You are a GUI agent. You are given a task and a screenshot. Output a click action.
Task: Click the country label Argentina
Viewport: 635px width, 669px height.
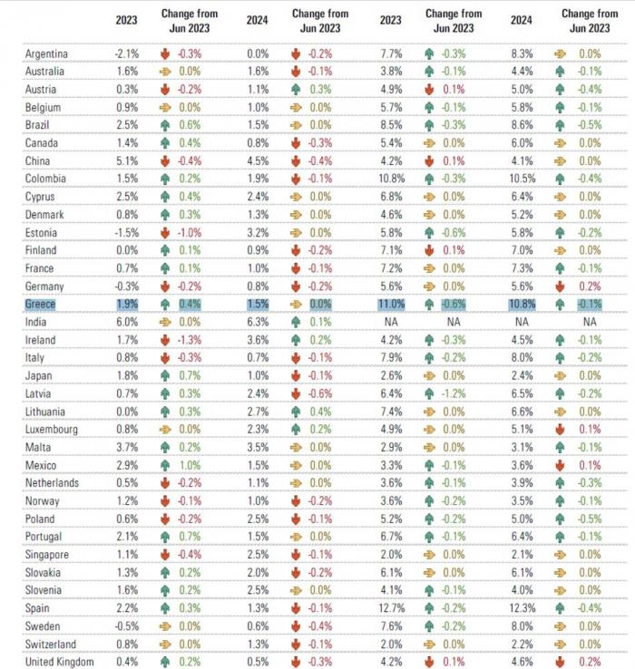[46, 53]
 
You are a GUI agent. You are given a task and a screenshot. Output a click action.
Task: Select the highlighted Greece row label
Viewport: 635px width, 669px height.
[40, 304]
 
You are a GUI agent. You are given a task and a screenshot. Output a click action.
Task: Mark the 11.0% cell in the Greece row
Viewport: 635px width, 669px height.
[392, 304]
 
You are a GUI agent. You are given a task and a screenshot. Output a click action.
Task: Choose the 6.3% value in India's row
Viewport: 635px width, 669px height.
[257, 322]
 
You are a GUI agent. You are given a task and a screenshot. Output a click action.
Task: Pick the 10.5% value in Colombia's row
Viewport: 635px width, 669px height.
[523, 179]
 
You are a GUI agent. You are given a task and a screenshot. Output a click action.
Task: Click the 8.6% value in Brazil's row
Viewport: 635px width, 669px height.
[523, 125]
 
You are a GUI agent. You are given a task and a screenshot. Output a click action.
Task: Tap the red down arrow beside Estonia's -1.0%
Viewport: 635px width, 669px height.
[165, 232]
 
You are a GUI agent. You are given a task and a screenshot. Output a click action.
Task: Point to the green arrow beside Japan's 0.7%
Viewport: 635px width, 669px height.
[165, 375]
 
